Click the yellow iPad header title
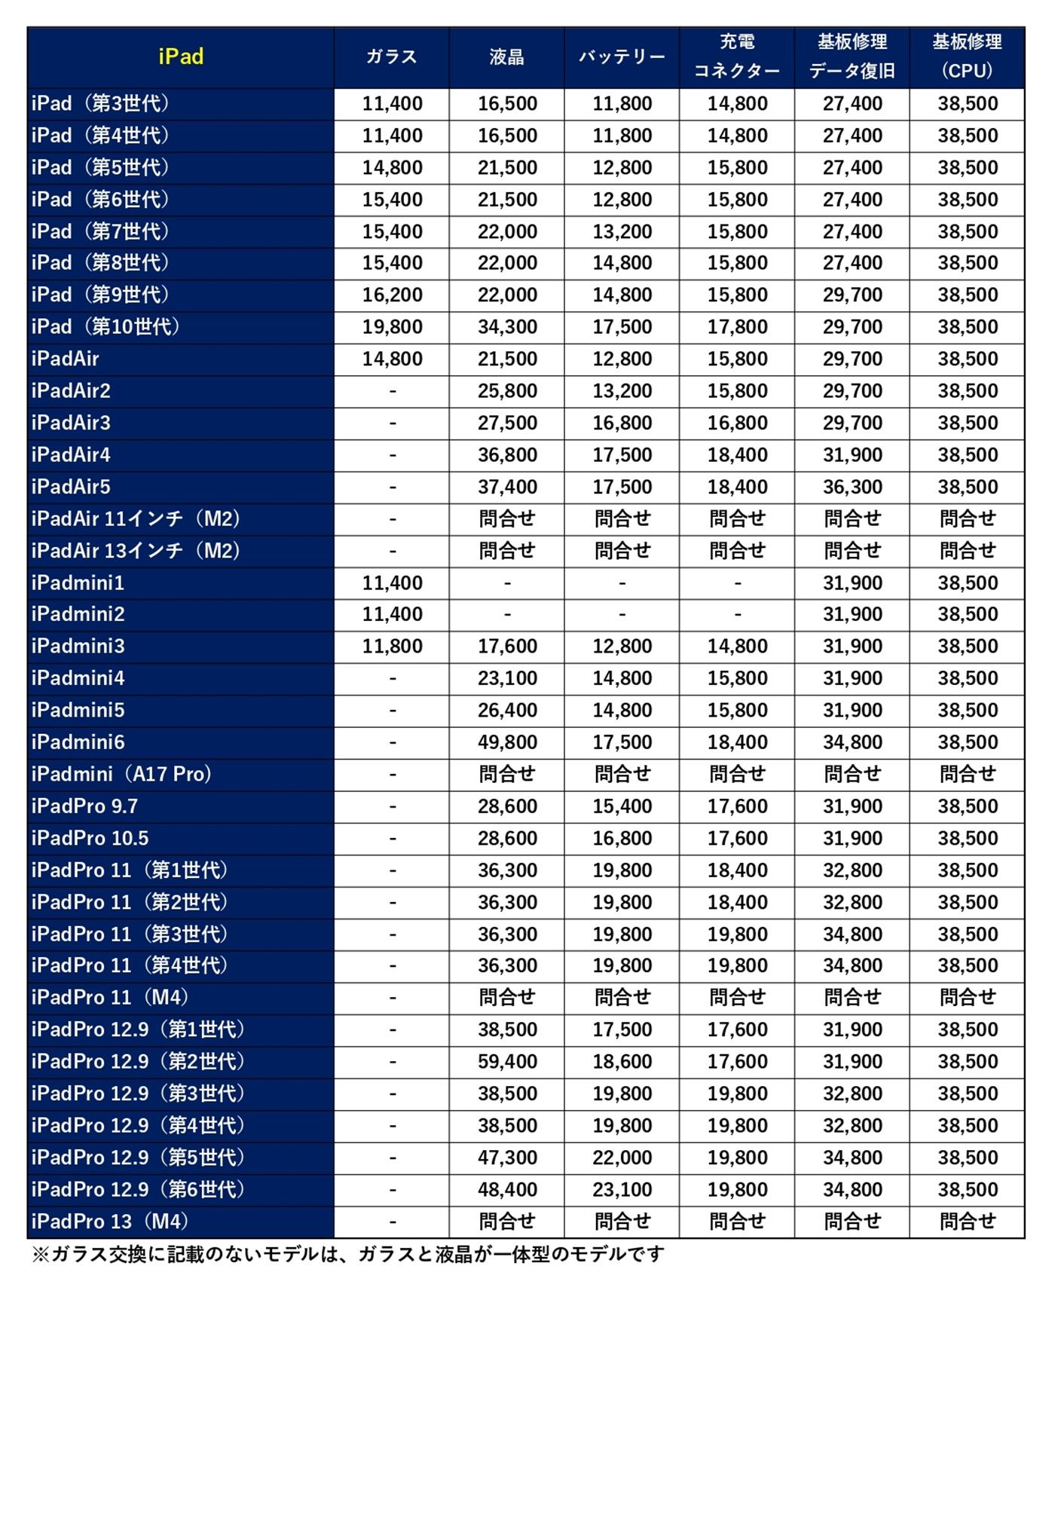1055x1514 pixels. click(x=181, y=57)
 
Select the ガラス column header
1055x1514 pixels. click(x=391, y=57)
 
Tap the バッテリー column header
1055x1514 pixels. click(x=622, y=57)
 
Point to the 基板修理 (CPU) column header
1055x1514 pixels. click(x=967, y=57)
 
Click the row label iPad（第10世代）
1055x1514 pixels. click(x=105, y=327)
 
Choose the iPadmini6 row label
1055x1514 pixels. click(x=78, y=742)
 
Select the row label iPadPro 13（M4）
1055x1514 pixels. click(x=110, y=1222)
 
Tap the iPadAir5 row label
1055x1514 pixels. click(x=71, y=487)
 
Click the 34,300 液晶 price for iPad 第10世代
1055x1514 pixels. click(x=507, y=327)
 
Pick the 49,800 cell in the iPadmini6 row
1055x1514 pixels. click(x=507, y=742)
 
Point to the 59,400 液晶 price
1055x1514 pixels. click(x=507, y=1062)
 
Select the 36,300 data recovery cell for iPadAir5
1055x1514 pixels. click(x=852, y=487)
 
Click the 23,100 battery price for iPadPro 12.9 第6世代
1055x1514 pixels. click(x=622, y=1190)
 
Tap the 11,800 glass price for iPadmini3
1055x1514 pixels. click(x=392, y=647)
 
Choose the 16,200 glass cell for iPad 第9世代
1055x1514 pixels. click(x=392, y=295)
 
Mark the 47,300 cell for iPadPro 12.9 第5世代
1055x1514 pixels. click(x=507, y=1158)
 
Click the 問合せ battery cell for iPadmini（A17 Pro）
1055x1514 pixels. click(x=622, y=774)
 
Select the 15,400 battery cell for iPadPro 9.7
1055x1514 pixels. click(x=622, y=806)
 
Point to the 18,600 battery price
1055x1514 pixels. click(x=622, y=1062)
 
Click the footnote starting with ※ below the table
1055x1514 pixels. click(x=347, y=1254)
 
